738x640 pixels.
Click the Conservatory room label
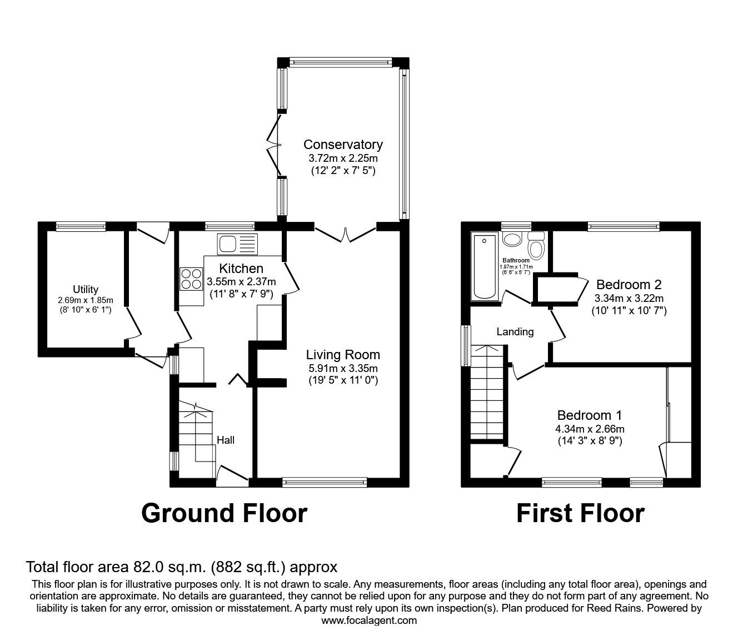(343, 145)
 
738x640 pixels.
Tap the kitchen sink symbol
(238, 244)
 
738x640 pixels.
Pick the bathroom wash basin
(512, 239)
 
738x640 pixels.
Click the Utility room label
(86, 289)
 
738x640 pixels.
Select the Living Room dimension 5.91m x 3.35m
(343, 368)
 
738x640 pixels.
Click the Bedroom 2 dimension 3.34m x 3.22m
(629, 297)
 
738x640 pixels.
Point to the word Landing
(515, 332)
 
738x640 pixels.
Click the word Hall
(225, 440)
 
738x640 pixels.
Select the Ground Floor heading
(224, 513)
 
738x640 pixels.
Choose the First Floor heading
(580, 513)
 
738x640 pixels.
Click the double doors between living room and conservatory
(346, 234)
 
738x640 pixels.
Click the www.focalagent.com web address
(369, 620)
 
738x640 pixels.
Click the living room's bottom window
(325, 482)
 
